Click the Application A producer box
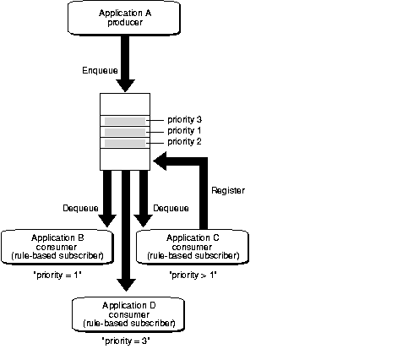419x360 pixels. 125,18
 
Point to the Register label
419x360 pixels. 227,191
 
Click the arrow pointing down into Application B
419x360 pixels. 106,198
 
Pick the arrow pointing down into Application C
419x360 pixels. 144,198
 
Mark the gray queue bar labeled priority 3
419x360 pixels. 125,120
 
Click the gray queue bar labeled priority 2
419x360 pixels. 125,144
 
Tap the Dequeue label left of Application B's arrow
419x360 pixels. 81,208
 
